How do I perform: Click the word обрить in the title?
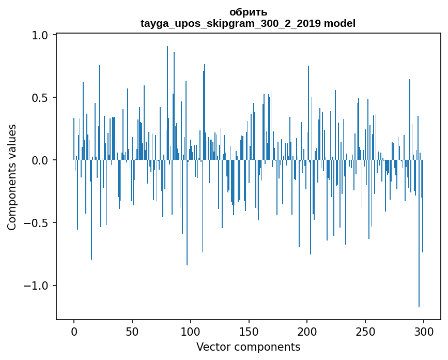click(248, 12)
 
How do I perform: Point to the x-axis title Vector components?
click(248, 347)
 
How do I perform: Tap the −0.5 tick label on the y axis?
click(36, 223)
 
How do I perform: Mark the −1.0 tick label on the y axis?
click(36, 286)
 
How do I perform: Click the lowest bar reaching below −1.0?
click(419, 259)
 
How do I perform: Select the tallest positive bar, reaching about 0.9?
click(167, 103)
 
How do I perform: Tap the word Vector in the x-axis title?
click(213, 347)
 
